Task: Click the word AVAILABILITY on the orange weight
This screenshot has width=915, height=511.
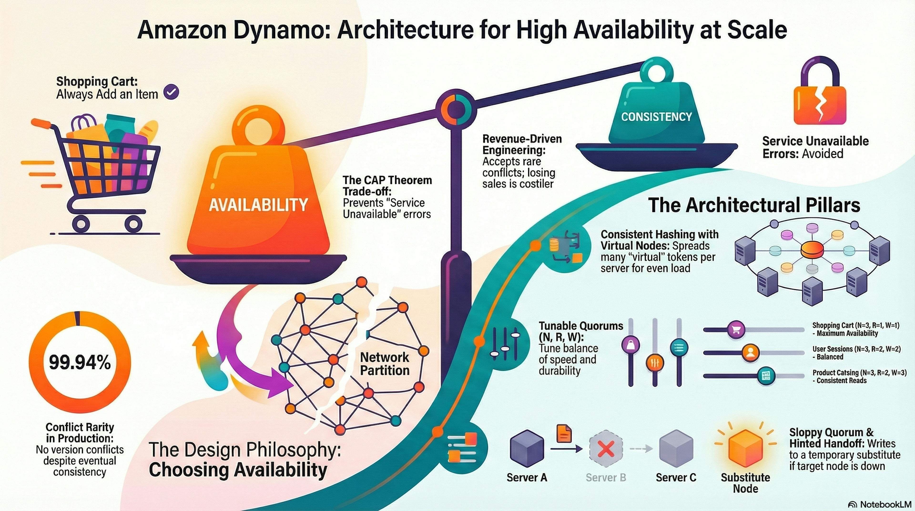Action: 258,205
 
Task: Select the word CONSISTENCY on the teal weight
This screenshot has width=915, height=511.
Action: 656,117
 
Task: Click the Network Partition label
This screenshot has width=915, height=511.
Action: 385,364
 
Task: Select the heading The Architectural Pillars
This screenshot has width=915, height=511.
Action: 754,205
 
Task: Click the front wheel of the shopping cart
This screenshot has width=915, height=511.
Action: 133,223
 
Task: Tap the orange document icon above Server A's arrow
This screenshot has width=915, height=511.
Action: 564,434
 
